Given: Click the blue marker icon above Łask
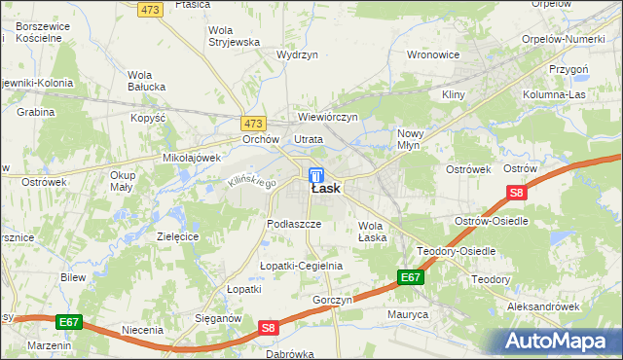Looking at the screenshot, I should [x=316, y=174].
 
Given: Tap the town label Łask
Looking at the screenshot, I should [x=326, y=189].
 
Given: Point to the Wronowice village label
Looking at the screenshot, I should [x=432, y=54].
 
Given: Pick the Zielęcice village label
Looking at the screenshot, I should [x=178, y=236].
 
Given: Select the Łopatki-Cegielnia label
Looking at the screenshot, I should [x=301, y=266].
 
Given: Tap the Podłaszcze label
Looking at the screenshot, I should [x=294, y=223].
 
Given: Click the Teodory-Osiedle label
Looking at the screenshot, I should [x=457, y=251].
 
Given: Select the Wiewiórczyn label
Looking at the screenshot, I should [x=328, y=118].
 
